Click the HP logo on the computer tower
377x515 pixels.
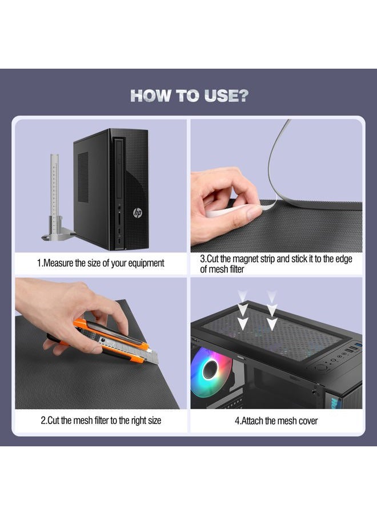click(x=138, y=213)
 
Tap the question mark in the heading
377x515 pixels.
click(x=242, y=96)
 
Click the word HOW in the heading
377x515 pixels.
click(x=151, y=96)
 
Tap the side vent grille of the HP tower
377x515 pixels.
click(x=83, y=177)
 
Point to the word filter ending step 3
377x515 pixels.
click(x=236, y=270)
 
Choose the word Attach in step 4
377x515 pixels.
click(x=252, y=421)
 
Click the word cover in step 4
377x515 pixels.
click(x=308, y=421)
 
